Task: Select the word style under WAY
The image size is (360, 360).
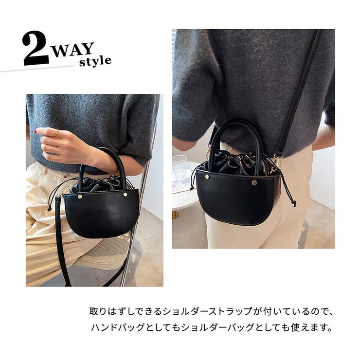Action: coord(95,61)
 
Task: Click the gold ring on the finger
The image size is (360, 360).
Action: coord(56,133)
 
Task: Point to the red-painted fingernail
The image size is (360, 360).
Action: coord(36,131)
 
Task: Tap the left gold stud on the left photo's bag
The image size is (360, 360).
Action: coord(80,197)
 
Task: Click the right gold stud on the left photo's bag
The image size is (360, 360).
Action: coord(126,195)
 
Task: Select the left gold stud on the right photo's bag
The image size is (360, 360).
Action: coord(207,177)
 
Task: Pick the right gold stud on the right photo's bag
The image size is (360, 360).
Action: coord(254,183)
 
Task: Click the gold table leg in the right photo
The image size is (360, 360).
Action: coord(175,215)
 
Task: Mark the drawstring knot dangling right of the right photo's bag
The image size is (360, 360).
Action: coord(293,203)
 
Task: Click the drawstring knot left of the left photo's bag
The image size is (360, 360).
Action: coord(49,209)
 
